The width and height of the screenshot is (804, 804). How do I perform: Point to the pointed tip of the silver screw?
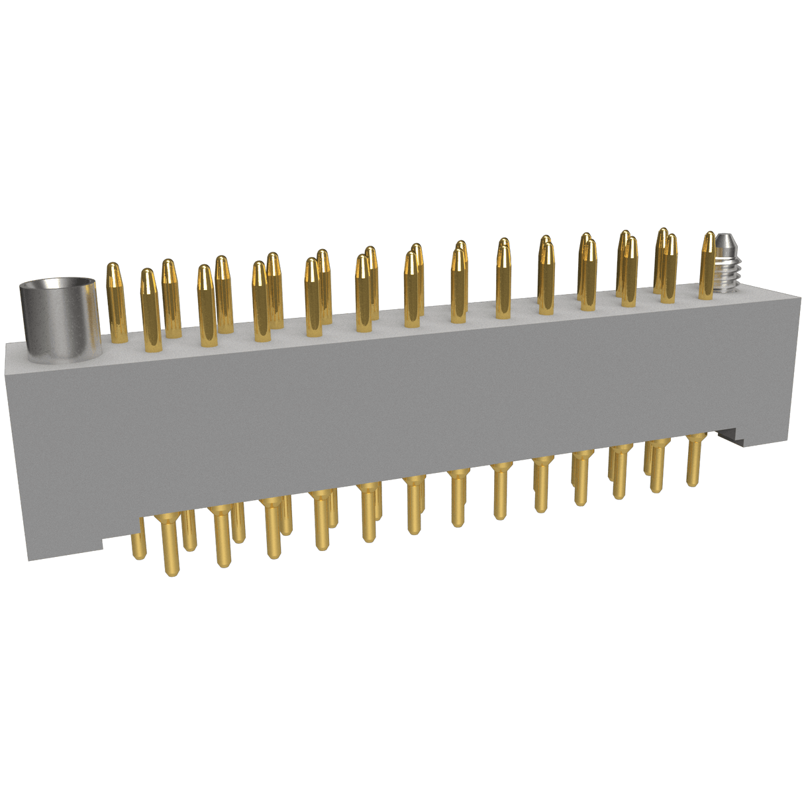tap(727, 237)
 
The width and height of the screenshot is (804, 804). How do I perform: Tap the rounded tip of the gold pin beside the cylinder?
tap(114, 268)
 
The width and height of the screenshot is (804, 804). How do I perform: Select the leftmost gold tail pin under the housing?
tap(138, 540)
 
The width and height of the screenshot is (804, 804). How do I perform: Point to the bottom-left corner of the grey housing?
tap(28, 560)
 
